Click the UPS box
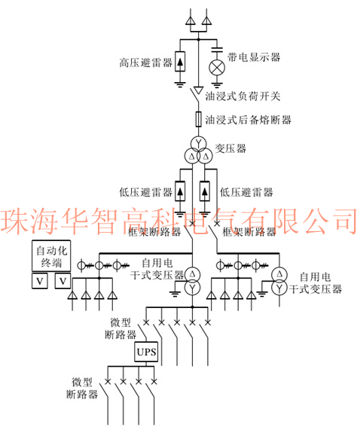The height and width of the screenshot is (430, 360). tap(146, 352)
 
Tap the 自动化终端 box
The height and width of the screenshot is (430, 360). tap(51, 256)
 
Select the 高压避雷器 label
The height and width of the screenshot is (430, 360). tap(145, 63)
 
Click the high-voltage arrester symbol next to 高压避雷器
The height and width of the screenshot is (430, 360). tap(180, 62)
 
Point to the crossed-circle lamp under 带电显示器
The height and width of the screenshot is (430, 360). tap(217, 68)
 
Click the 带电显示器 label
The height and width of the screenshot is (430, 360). tap(254, 57)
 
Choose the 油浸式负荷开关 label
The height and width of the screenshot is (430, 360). tap(243, 96)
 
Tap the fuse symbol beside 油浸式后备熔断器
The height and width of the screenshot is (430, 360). tap(199, 119)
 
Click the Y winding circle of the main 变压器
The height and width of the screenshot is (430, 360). tap(199, 142)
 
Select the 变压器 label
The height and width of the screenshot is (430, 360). tap(230, 148)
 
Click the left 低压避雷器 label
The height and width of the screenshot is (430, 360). tap(145, 192)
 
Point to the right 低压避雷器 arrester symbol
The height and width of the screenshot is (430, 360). tap(205, 191)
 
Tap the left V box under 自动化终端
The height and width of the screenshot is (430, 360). tap(40, 281)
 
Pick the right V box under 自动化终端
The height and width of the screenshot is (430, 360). tap(63, 281)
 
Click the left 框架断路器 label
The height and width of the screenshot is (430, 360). tap(154, 232)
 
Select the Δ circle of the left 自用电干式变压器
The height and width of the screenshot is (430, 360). tap(193, 274)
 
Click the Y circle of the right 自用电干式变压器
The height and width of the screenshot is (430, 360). tap(279, 288)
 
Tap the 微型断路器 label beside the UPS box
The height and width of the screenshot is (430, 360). tap(121, 328)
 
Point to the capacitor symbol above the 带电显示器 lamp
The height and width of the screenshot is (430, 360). tap(217, 50)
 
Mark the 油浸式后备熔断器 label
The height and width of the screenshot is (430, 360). tap(248, 120)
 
